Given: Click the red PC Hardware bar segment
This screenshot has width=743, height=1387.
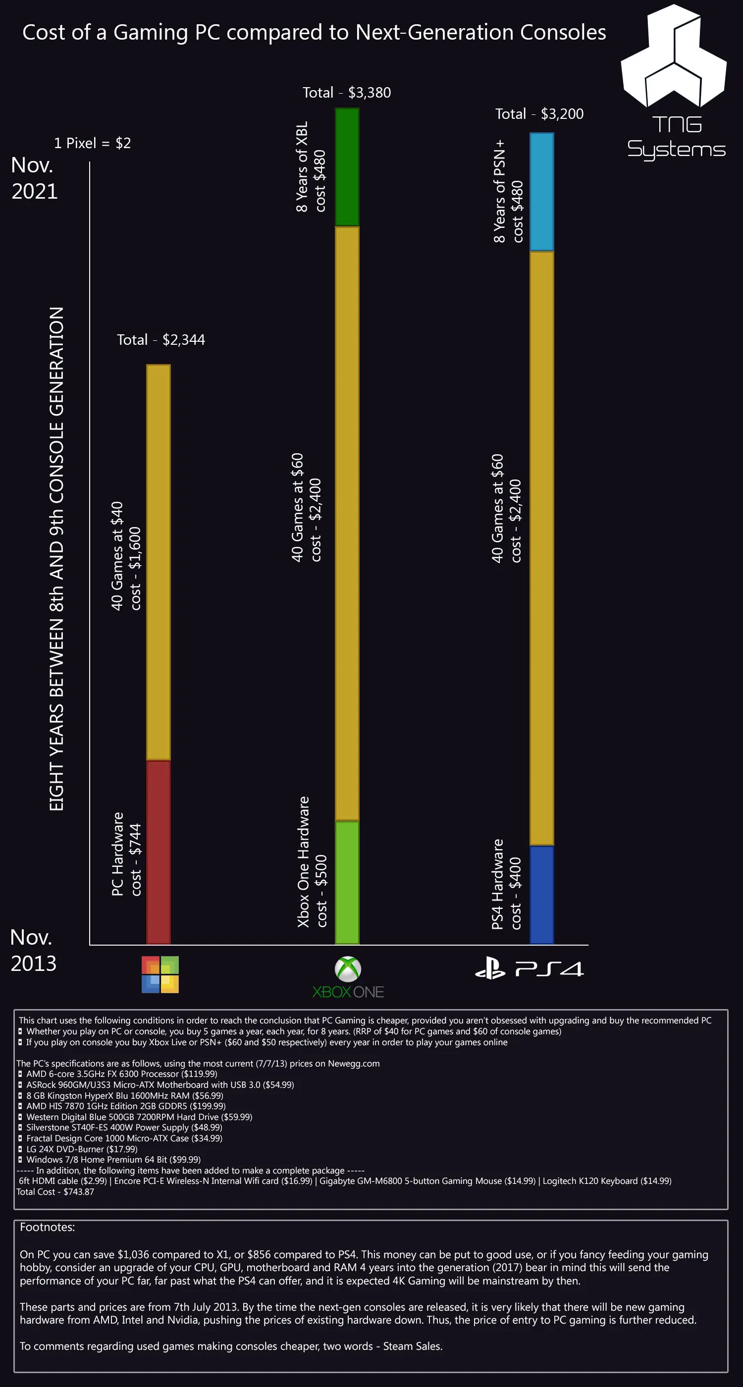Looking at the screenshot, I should pyautogui.click(x=159, y=852).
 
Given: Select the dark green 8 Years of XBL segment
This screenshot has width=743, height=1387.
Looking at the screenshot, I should pyautogui.click(x=347, y=167).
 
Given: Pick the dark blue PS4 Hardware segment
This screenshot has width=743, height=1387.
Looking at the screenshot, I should pyautogui.click(x=541, y=895).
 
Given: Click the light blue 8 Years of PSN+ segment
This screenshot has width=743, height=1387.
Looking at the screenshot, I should pyautogui.click(x=541, y=192).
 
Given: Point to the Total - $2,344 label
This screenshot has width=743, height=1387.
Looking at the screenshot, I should pyautogui.click(x=160, y=340).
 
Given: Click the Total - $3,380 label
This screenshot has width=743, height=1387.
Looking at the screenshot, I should pyautogui.click(x=346, y=93).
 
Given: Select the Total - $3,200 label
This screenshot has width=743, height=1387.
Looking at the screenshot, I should pyautogui.click(x=539, y=114).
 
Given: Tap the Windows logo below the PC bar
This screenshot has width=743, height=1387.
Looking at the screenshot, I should pyautogui.click(x=160, y=974).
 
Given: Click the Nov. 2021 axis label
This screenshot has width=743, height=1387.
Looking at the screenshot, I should pyautogui.click(x=34, y=178).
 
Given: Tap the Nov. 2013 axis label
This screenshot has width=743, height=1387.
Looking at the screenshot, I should pyautogui.click(x=33, y=950).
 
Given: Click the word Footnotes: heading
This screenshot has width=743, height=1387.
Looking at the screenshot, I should pyautogui.click(x=48, y=1227).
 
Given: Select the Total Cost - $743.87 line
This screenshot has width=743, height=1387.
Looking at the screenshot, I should pyautogui.click(x=55, y=1191).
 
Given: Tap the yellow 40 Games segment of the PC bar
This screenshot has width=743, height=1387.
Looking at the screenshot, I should pyautogui.click(x=159, y=562).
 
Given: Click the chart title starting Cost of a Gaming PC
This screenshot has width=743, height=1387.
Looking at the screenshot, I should pyautogui.click(x=314, y=33).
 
